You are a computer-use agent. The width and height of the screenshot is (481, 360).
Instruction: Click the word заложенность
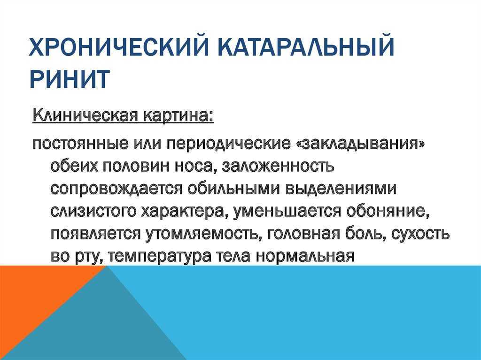(x=277, y=167)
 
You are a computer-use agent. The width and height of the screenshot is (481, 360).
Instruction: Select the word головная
(x=304, y=234)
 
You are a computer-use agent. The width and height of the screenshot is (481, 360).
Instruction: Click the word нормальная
(x=305, y=256)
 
